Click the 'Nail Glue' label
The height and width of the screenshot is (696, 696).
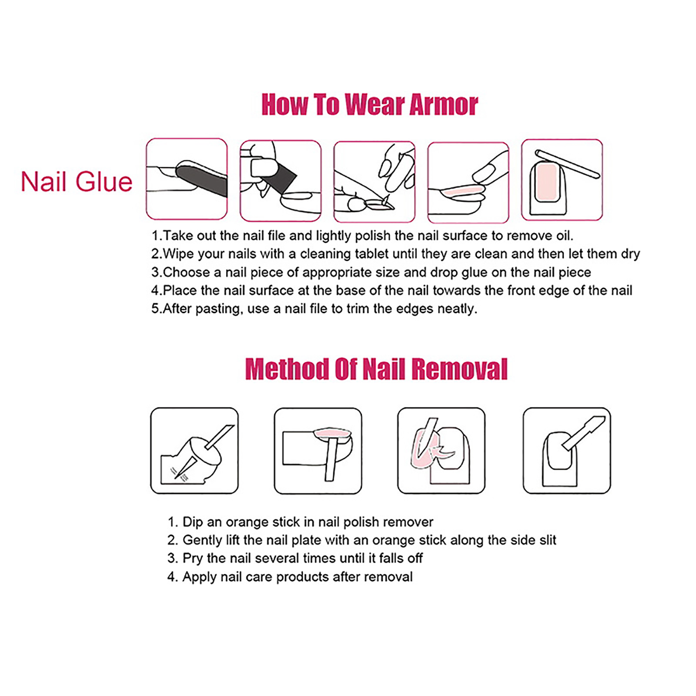coord(77,181)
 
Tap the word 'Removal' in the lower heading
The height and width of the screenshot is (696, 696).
coord(459,369)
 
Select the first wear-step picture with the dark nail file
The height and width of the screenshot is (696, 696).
coord(187,179)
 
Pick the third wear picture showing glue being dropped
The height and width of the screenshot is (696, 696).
coord(375,181)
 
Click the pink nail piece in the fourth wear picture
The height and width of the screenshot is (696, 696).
coord(462,190)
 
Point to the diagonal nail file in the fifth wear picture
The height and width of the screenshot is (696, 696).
coord(567,164)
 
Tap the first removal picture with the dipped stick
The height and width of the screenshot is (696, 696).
coord(194,451)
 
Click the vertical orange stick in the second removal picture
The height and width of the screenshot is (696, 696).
coord(332,459)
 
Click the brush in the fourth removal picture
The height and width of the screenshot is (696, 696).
coord(583,433)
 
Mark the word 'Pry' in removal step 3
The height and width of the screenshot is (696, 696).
coord(193,558)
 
